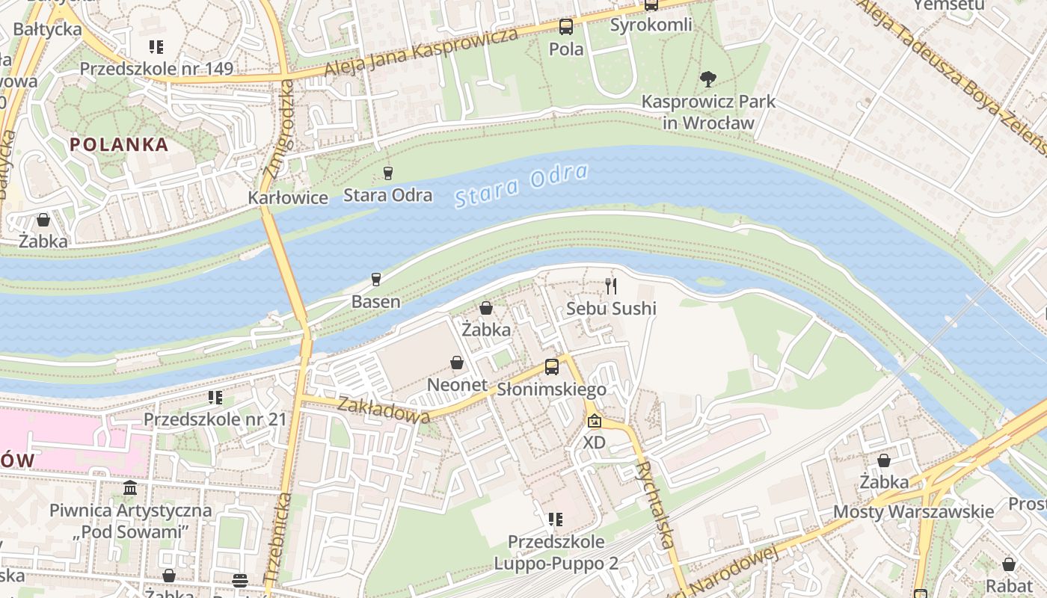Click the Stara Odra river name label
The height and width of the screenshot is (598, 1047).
pos(521,185)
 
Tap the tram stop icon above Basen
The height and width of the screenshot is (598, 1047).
pos(376,280)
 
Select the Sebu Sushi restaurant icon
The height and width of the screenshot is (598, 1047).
pos(611,286)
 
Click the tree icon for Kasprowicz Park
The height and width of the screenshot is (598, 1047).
pos(707,78)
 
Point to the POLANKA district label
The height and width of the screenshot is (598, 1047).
pos(120,145)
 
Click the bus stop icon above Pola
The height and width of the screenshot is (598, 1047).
pos(566,27)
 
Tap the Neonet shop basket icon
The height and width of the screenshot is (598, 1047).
pos(457,363)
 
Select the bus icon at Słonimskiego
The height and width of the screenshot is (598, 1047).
pos(552,366)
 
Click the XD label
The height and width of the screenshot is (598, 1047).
pos(595,443)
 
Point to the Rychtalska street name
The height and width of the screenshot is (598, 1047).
pos(655,504)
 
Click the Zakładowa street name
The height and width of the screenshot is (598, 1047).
pos(384,410)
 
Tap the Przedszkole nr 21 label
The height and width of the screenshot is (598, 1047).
pos(215,419)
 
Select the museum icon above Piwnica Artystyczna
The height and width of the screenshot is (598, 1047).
pos(131,488)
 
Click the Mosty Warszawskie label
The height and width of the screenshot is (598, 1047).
pos(914,512)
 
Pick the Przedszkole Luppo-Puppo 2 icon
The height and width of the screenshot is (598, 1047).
pos(555,519)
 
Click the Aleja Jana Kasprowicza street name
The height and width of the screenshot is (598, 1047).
pos(421,52)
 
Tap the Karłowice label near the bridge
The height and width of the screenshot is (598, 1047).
pos(288,198)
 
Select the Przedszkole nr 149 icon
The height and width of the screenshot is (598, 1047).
pos(156,47)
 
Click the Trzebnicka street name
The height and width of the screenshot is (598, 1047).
pos(276,537)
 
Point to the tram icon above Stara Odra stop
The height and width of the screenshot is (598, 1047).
pos(387,173)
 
